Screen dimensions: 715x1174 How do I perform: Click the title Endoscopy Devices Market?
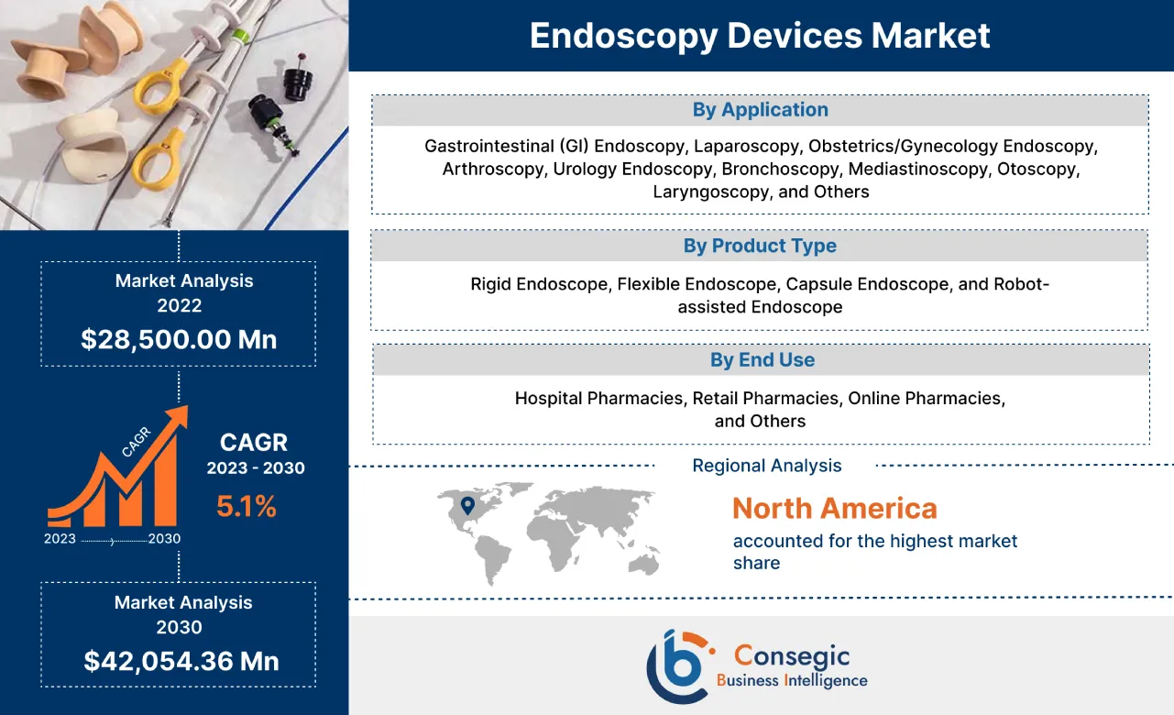[x=760, y=36]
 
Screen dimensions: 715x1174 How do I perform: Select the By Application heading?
[x=760, y=110]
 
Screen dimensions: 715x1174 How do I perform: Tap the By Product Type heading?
[x=760, y=246]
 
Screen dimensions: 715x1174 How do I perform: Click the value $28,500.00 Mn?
[x=179, y=339]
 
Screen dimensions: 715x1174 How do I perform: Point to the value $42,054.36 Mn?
[x=181, y=661]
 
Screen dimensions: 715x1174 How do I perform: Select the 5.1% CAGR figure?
[x=247, y=506]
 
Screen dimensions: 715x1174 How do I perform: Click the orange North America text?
[x=834, y=508]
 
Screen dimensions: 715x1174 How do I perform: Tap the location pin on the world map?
[x=467, y=505]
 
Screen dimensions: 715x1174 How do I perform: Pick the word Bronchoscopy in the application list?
[x=780, y=170]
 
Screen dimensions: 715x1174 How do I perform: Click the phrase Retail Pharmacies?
[x=766, y=399]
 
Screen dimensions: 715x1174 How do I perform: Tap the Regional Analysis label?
[x=766, y=466]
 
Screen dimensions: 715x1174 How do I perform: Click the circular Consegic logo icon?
[x=677, y=665]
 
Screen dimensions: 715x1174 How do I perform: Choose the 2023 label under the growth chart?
[x=60, y=539]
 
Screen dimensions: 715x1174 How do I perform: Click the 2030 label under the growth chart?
[x=164, y=539]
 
